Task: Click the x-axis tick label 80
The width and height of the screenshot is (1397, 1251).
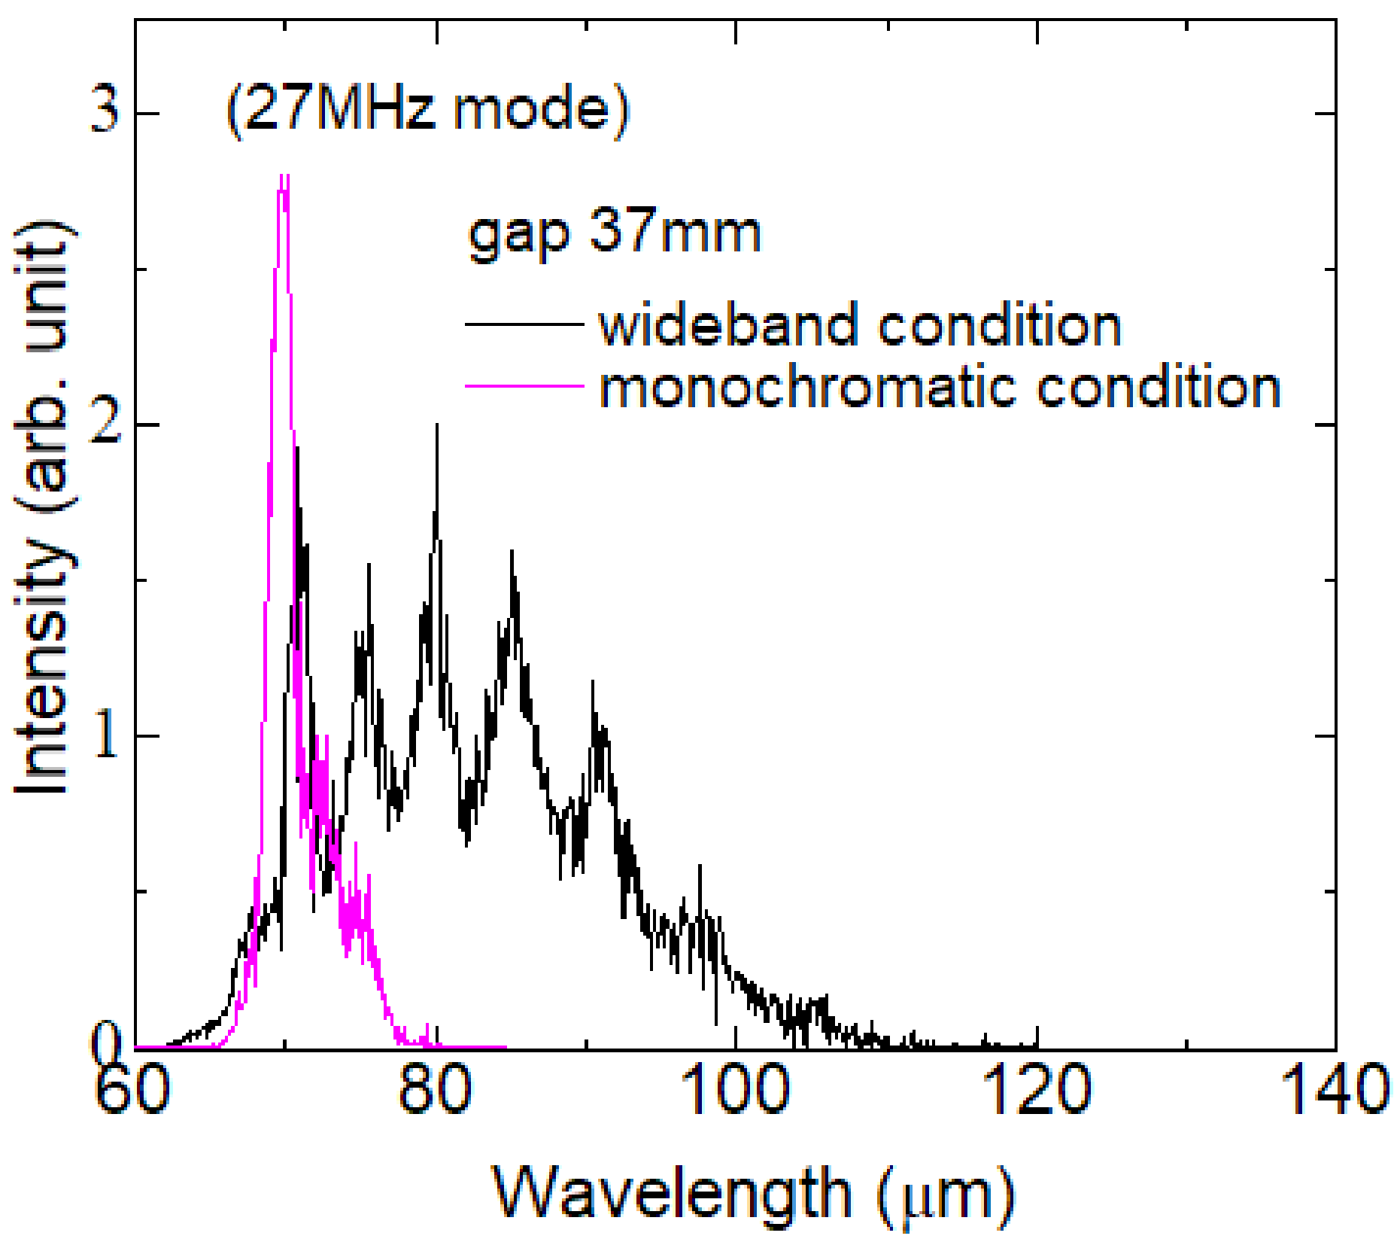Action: point(435,1089)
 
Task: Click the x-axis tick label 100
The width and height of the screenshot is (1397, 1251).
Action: point(735,1089)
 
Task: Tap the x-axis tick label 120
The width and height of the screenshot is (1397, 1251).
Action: point(1037,1089)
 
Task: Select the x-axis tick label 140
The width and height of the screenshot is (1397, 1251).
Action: point(1335,1089)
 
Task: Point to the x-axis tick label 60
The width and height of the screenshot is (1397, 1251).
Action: point(133,1089)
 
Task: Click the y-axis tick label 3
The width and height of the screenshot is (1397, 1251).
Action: point(105,112)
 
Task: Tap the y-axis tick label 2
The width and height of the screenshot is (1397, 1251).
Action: point(105,425)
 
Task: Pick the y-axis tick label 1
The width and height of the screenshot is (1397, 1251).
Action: point(106,735)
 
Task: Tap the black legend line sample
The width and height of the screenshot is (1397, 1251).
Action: point(524,324)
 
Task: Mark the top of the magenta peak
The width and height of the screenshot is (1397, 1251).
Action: point(284,178)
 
